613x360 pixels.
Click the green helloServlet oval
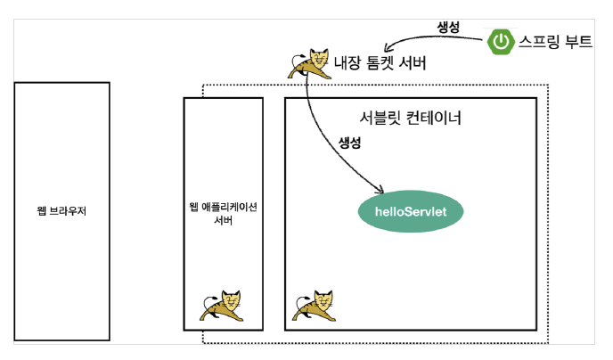click(411, 211)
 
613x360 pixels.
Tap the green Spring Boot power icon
click(501, 41)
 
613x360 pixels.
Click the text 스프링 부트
click(556, 41)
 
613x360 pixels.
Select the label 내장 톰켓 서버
click(380, 62)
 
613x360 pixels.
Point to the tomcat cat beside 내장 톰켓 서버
click(309, 63)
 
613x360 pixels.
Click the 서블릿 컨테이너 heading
click(411, 118)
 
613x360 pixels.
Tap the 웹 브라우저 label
click(61, 211)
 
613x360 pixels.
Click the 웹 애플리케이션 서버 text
click(224, 214)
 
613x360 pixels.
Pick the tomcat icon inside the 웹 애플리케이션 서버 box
click(222, 306)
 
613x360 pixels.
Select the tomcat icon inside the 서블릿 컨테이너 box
click(315, 306)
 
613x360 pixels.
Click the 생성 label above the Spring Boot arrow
click(448, 27)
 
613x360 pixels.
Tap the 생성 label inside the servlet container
click(349, 143)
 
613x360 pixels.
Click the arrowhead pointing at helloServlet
click(380, 191)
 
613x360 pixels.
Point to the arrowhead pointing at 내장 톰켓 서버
click(387, 48)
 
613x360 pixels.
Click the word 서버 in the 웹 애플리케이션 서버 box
click(224, 220)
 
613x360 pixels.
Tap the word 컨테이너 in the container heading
click(434, 118)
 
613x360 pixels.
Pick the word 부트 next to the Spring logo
click(579, 41)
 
